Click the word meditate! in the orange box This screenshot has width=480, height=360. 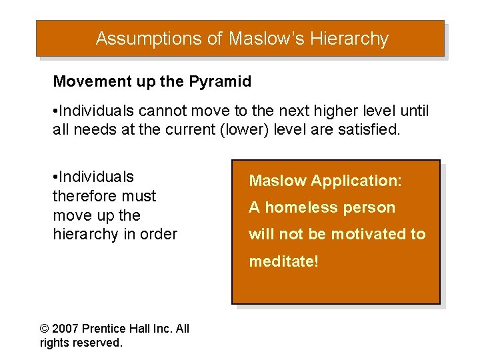tap(284, 261)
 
